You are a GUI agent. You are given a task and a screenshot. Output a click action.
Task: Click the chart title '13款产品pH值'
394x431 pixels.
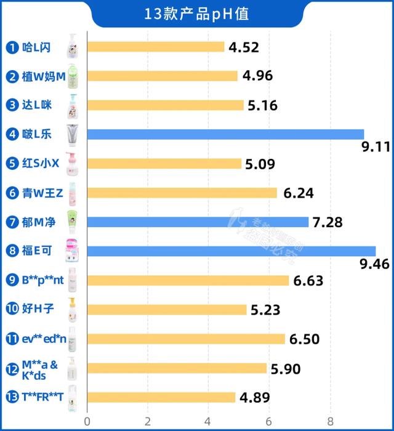tap(197, 14)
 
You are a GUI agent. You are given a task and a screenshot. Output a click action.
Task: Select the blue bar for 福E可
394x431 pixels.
tap(231, 251)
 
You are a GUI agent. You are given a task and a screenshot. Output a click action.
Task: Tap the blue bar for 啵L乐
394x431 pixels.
tap(225, 134)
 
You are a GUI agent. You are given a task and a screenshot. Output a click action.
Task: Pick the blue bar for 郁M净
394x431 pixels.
tap(198, 222)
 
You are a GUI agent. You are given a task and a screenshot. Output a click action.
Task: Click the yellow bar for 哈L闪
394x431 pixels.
tap(156, 47)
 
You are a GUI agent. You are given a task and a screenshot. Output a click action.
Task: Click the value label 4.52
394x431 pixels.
tap(244, 47)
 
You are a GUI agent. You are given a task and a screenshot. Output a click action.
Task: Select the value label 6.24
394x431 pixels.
tap(299, 193)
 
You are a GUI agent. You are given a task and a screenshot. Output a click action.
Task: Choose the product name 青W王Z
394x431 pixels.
tap(42, 193)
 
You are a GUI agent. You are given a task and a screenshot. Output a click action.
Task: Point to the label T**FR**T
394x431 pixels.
tap(44, 397)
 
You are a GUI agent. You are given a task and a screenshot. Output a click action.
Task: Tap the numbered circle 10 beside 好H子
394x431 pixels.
tap(12, 310)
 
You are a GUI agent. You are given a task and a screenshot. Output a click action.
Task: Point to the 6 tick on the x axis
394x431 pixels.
tap(269, 421)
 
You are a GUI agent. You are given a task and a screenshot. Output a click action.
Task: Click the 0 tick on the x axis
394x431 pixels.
tap(87, 421)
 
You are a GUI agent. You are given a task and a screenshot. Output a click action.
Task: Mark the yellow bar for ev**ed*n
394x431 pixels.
tap(186, 339)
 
